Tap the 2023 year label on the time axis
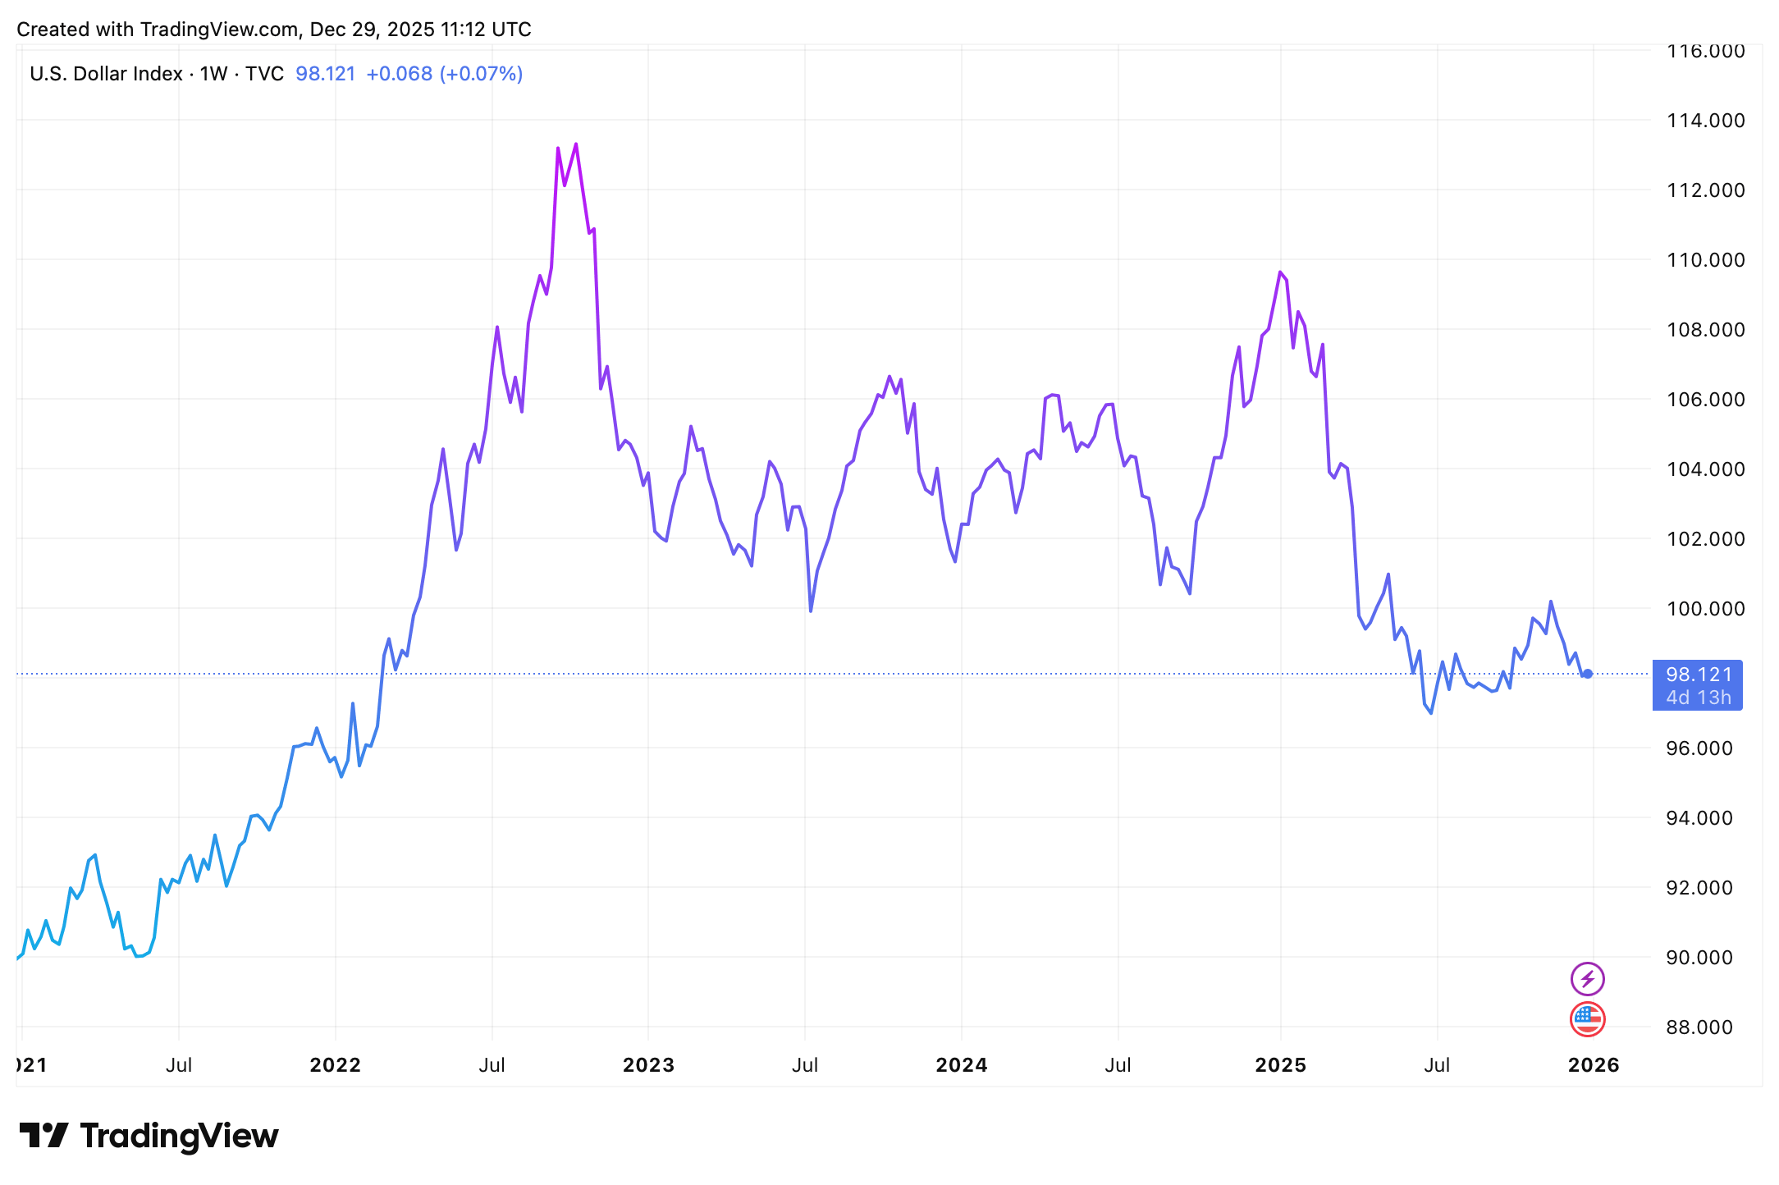pos(648,1065)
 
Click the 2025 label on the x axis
pos(1280,1065)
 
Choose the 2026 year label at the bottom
pos(1593,1065)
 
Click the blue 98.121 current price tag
pos(1699,675)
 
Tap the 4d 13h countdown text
pos(1699,698)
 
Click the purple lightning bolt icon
pos(1587,979)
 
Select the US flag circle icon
pos(1587,1019)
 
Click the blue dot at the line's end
pos(1588,674)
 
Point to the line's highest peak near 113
pos(576,144)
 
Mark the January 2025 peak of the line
pos(1280,272)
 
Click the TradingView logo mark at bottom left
pos(43,1136)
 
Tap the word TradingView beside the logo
pos(179,1136)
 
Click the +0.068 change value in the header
pos(399,74)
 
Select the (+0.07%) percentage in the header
pos(482,74)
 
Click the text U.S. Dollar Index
pos(106,74)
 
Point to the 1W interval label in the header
pos(213,74)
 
